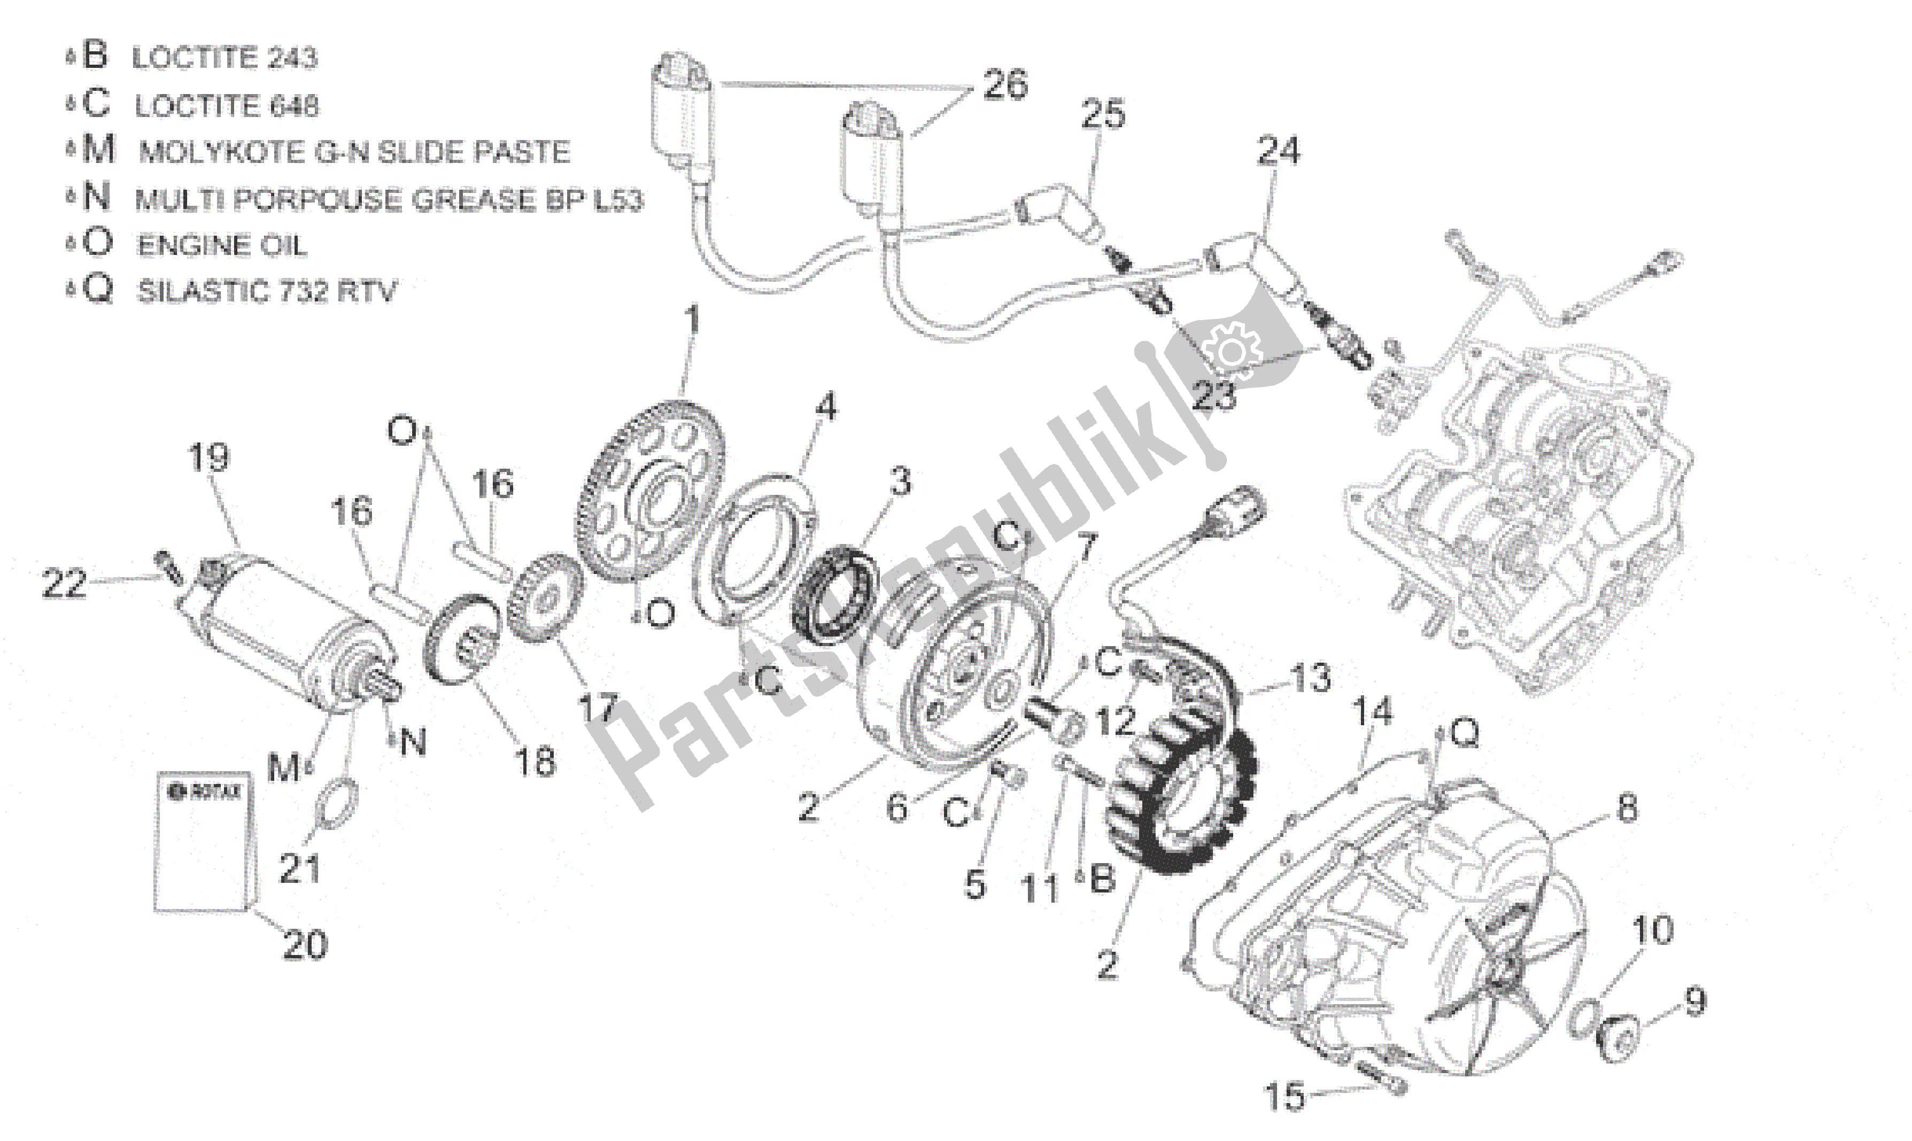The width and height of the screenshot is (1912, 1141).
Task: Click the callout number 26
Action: point(1004,84)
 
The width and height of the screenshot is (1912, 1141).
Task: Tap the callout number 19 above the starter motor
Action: point(208,457)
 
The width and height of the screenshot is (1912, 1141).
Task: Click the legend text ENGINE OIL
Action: point(221,245)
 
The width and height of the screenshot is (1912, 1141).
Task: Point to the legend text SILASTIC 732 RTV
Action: point(266,291)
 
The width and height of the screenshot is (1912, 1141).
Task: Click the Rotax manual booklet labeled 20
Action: point(203,842)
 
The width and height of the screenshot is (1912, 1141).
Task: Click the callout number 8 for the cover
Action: point(1627,808)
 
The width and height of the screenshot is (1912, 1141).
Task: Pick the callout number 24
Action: point(1278,151)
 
